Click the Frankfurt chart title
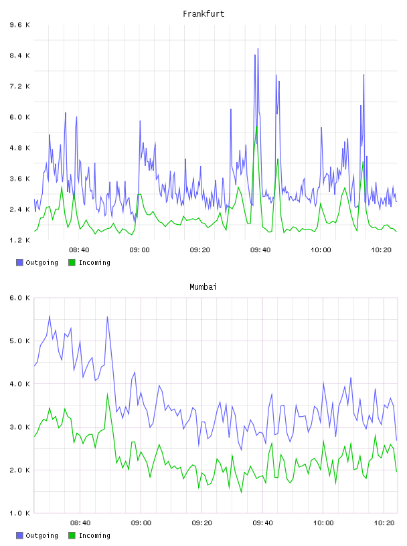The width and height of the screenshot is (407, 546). (x=203, y=14)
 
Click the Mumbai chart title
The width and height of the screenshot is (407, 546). (x=203, y=287)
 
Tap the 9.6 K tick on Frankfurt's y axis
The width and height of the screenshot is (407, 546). (x=19, y=25)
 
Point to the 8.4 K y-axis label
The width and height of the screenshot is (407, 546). (x=19, y=56)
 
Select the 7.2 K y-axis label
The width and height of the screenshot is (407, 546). (x=19, y=86)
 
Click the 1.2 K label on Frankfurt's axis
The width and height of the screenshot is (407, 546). (x=19, y=240)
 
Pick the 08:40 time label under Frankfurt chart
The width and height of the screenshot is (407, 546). (x=79, y=250)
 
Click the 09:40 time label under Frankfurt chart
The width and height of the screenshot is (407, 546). (x=260, y=250)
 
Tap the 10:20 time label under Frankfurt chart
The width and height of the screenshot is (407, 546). (x=381, y=250)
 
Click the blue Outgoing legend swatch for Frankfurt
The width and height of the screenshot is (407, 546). (x=19, y=262)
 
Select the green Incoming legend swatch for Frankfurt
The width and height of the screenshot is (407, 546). (x=72, y=262)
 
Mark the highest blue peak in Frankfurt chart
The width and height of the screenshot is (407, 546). (x=258, y=49)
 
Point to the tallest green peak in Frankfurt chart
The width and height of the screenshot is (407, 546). (x=256, y=126)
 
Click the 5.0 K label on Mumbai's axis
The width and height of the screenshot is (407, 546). (x=19, y=341)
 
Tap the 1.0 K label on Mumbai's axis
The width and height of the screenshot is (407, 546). (x=19, y=513)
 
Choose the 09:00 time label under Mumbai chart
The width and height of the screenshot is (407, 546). (x=141, y=523)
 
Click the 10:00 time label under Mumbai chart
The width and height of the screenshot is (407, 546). (x=323, y=523)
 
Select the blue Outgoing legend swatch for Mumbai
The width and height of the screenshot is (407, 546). (x=19, y=535)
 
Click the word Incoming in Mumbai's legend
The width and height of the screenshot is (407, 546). (x=94, y=535)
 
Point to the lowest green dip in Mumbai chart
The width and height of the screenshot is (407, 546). (x=241, y=492)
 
